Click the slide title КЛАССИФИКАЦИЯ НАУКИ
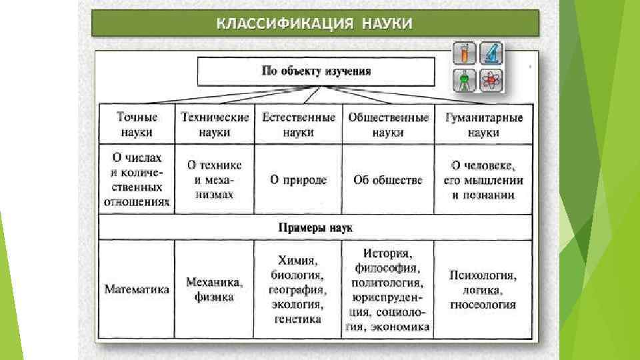[x=315, y=24]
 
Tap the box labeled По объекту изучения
[x=316, y=71]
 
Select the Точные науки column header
[x=137, y=125]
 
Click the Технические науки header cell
[x=215, y=125]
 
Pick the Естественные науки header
[x=298, y=125]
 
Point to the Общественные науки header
[x=388, y=125]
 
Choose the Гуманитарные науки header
[x=483, y=125]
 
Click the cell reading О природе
[x=298, y=180]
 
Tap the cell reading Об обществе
[x=388, y=180]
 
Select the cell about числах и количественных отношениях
[x=137, y=180]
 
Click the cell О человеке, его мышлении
[x=483, y=180]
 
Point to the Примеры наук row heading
[x=315, y=227]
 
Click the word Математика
[x=137, y=289]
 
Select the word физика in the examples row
[x=214, y=297]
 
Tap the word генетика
[x=297, y=319]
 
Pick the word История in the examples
[x=387, y=254]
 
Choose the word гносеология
[x=483, y=305]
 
